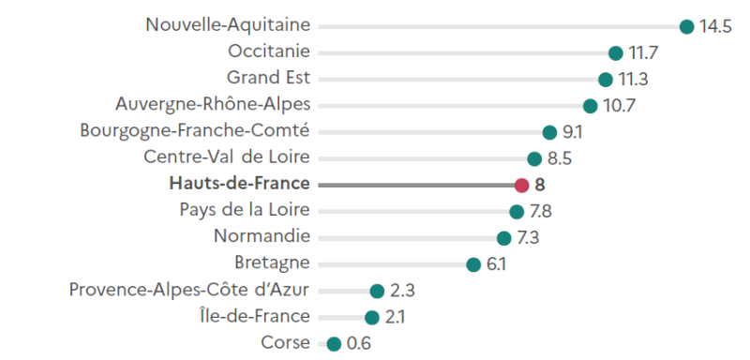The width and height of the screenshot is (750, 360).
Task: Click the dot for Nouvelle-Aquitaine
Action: click(x=686, y=26)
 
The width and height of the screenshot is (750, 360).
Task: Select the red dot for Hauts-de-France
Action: click(x=522, y=185)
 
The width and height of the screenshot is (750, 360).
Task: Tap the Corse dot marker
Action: click(x=334, y=344)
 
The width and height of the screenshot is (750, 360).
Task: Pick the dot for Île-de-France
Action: click(x=372, y=318)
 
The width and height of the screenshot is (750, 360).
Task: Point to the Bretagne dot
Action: click(x=473, y=264)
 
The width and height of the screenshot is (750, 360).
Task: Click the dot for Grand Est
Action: click(x=606, y=80)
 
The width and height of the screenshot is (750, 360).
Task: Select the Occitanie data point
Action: click(x=616, y=52)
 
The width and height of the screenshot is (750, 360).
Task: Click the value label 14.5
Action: click(x=714, y=26)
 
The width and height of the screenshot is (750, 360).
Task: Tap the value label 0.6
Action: click(x=358, y=344)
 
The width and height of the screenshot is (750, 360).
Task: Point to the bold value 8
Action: click(x=540, y=185)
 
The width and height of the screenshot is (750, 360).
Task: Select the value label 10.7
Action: click(x=619, y=106)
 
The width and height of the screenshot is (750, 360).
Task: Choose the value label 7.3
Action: click(x=528, y=238)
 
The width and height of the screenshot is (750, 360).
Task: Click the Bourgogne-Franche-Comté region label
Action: click(x=195, y=130)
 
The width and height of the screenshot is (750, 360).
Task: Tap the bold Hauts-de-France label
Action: click(x=239, y=184)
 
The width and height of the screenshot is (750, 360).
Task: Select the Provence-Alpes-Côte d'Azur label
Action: click(x=189, y=290)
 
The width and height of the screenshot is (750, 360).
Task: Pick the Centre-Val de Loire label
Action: click(x=227, y=157)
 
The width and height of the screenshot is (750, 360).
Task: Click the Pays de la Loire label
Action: click(x=244, y=210)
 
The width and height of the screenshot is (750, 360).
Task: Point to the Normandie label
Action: click(x=262, y=236)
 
